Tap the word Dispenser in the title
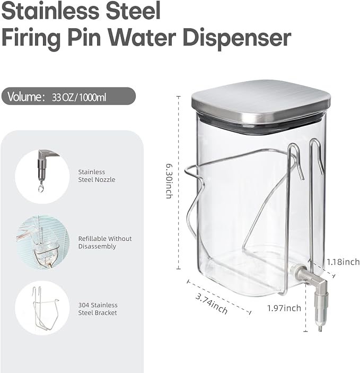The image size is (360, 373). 237,38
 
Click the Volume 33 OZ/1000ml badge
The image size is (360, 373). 68,97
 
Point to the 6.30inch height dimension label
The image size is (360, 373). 169,181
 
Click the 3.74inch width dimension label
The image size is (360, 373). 212,303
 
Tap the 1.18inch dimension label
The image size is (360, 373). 343,262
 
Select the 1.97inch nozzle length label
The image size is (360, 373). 284,308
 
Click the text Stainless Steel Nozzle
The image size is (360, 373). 96,176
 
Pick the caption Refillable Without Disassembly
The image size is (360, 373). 105,242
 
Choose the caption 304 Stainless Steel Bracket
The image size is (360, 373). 98,309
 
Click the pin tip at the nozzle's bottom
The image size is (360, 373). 320,328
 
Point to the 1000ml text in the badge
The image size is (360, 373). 93,98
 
